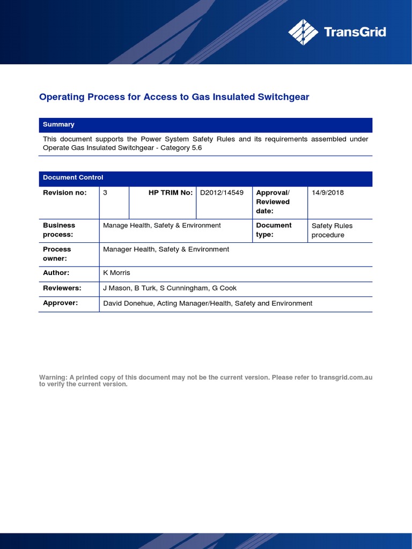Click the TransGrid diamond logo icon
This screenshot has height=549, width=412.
pyautogui.click(x=303, y=32)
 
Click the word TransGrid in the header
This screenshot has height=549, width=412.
pyautogui.click(x=355, y=32)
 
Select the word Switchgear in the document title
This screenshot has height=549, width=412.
pyautogui.click(x=283, y=97)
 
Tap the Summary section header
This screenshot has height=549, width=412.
pyautogui.click(x=58, y=124)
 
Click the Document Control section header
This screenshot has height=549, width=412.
pyautogui.click(x=73, y=177)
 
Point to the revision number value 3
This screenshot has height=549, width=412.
pyautogui.click(x=105, y=192)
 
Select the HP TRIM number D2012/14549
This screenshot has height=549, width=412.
pyautogui.click(x=222, y=192)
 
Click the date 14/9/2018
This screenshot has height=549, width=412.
pyautogui.click(x=328, y=192)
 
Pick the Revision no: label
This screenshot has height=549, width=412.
pyautogui.click(x=64, y=192)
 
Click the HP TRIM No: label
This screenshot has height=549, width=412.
pyautogui.click(x=170, y=192)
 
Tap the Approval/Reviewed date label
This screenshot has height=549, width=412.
pyautogui.click(x=273, y=202)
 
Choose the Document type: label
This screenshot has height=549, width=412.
pyautogui.click(x=274, y=230)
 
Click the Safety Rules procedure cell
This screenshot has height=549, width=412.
pyautogui.click(x=332, y=231)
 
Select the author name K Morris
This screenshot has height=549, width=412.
pyautogui.click(x=116, y=273)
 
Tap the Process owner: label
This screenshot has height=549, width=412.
pyautogui.click(x=57, y=254)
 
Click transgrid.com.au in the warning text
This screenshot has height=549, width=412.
pyautogui.click(x=345, y=377)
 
